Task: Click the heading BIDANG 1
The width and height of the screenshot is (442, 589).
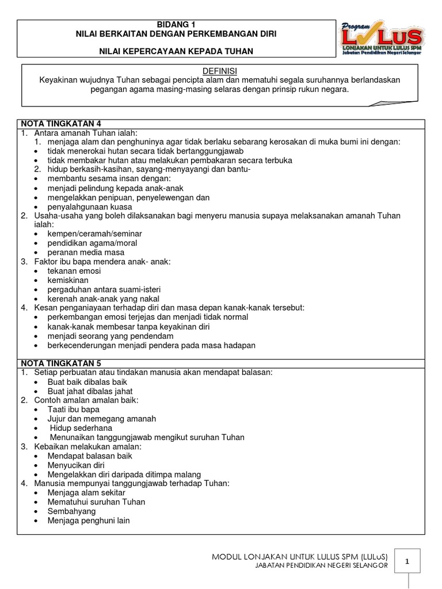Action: tap(176, 25)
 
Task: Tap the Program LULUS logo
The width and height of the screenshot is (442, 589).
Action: tap(382, 39)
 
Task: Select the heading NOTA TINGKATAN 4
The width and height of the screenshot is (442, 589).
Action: tap(61, 124)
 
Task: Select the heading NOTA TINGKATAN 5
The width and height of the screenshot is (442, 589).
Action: tap(61, 363)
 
